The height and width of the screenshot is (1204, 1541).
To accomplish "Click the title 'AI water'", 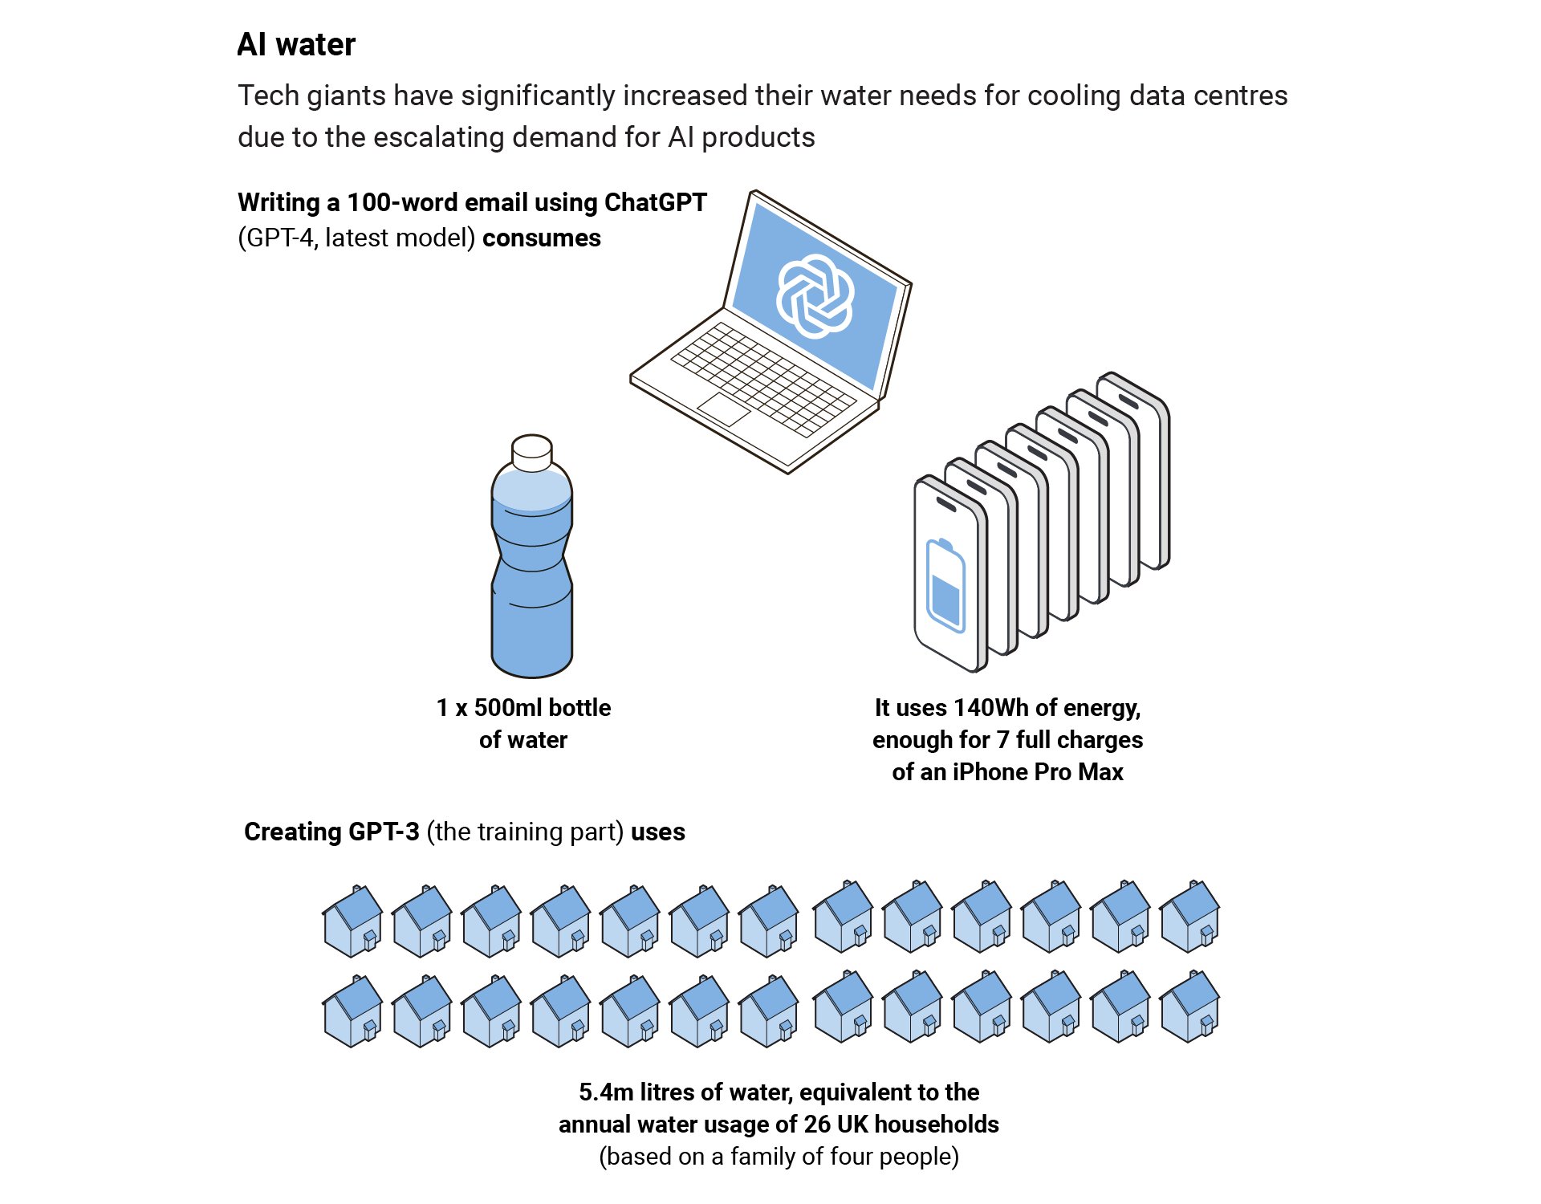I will tap(296, 45).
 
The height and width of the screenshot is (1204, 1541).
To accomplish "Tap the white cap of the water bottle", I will tap(531, 453).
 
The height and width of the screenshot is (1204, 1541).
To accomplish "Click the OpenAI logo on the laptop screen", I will tap(814, 296).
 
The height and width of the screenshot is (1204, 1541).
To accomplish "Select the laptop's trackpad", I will tap(723, 409).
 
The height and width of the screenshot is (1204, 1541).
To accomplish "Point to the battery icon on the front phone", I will tap(945, 586).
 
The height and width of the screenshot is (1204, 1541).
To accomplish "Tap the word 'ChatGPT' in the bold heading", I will tap(655, 202).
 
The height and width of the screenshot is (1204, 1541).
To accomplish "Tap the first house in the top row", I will tap(352, 921).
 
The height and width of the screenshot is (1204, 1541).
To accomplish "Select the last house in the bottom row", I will tap(1190, 1007).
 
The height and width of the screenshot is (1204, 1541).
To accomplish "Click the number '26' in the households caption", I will tap(817, 1125).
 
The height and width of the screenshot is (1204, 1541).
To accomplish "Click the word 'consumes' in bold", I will tap(542, 238).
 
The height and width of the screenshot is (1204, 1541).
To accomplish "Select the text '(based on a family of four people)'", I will tap(779, 1157).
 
